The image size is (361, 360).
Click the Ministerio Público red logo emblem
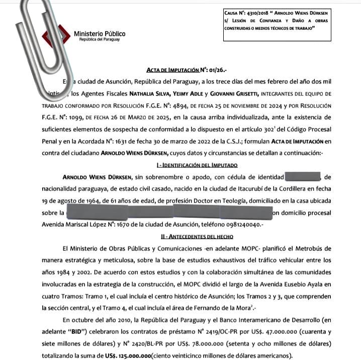click(x=56, y=38)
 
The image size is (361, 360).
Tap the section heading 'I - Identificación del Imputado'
click(x=197, y=165)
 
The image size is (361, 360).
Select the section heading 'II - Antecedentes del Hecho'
click(x=197, y=235)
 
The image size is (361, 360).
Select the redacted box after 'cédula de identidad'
click(x=303, y=177)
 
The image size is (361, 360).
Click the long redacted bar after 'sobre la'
click(x=169, y=213)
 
